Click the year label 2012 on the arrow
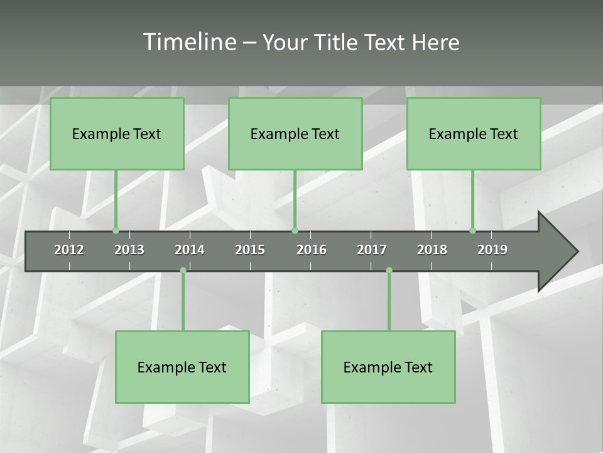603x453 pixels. tap(69, 250)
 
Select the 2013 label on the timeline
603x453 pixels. tap(129, 250)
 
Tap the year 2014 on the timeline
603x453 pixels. tap(190, 250)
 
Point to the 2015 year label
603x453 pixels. tap(250, 250)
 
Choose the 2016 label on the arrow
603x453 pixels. tap(312, 250)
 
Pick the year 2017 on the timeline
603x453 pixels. tap(372, 250)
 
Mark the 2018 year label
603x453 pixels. tap(432, 250)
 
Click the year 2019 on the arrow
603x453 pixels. tap(492, 250)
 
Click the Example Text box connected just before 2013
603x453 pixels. tap(117, 133)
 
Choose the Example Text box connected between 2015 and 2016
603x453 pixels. tap(295, 133)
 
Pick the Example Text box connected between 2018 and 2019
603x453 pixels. tap(474, 133)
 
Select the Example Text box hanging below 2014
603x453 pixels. tap(182, 367)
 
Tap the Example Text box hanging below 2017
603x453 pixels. tap(388, 367)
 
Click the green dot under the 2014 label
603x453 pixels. tap(183, 271)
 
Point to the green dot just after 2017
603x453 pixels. tap(389, 271)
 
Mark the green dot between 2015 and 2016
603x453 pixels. tap(295, 230)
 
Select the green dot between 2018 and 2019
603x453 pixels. tap(472, 230)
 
